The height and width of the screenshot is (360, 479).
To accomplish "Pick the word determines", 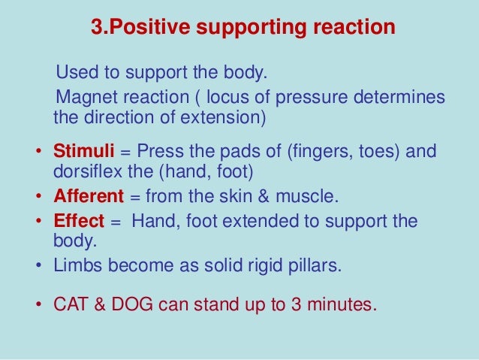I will pos(398,98).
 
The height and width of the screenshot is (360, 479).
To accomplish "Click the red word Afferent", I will pos(88,198).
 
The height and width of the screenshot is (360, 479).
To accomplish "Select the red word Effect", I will pos(76,223).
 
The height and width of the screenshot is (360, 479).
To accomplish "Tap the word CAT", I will pos(71,307).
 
